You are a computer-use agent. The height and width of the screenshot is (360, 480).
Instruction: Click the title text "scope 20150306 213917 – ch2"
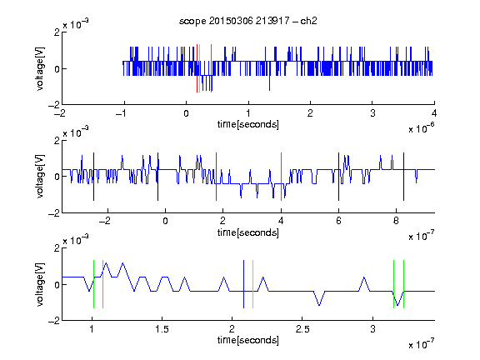(248, 21)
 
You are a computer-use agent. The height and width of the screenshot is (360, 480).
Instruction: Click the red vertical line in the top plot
(197, 68)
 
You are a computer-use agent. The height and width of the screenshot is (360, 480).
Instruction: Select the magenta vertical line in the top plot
(211, 68)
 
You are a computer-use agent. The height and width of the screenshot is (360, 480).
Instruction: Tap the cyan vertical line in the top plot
(200, 68)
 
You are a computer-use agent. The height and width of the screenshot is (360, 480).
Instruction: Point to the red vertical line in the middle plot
(216, 177)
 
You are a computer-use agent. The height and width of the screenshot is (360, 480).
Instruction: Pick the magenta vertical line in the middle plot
(281, 177)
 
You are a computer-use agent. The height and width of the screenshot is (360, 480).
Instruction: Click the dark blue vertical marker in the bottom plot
(243, 284)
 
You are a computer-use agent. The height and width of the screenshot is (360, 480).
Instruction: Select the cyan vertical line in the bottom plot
(252, 284)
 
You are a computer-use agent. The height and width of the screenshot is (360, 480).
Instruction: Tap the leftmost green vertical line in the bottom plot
(93, 284)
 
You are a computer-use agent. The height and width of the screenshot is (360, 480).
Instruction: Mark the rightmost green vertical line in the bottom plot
(404, 284)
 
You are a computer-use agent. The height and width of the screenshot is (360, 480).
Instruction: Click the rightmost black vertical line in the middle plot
(403, 177)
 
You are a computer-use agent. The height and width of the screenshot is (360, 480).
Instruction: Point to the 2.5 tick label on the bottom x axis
(302, 329)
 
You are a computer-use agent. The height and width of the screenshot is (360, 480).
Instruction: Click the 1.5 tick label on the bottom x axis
(162, 329)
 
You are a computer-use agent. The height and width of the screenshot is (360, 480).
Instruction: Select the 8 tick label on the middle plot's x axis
(396, 221)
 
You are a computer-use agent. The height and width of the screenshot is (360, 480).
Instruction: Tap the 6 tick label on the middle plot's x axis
(338, 221)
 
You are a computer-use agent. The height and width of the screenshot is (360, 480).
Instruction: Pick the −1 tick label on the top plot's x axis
(121, 113)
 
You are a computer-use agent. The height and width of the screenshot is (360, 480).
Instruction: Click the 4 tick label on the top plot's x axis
(434, 113)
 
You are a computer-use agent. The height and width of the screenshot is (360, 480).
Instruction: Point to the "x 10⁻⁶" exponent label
(422, 128)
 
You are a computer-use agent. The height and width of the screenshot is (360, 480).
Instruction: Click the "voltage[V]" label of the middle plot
(40, 177)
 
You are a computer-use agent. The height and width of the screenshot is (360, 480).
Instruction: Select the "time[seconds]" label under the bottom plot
(248, 340)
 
